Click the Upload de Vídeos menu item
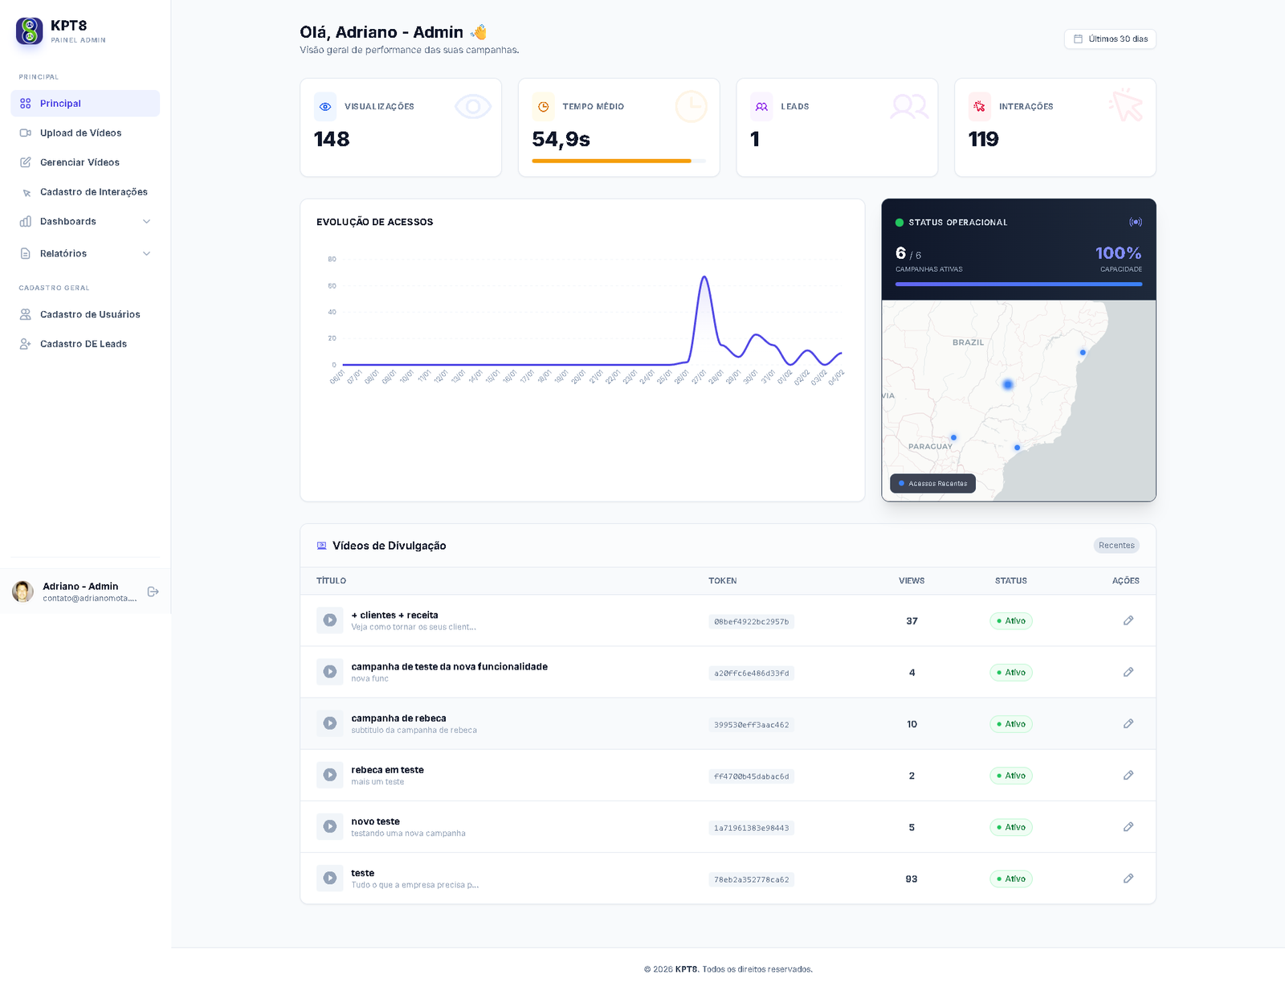(80, 133)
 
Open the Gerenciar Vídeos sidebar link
(80, 162)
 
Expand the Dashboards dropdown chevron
(146, 222)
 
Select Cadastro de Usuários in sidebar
(90, 314)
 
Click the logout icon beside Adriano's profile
(153, 592)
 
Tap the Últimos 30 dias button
(1110, 39)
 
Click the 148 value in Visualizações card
(332, 139)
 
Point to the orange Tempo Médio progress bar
(611, 161)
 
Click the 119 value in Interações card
(983, 139)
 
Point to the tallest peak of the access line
(704, 277)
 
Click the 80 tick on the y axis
(332, 259)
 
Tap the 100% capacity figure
(1118, 253)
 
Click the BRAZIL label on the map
(968, 342)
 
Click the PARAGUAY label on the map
(930, 446)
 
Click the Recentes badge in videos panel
(1116, 545)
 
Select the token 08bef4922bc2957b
(751, 621)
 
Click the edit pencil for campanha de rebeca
(1128, 723)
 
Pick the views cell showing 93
(912, 878)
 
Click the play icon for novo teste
(330, 826)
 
